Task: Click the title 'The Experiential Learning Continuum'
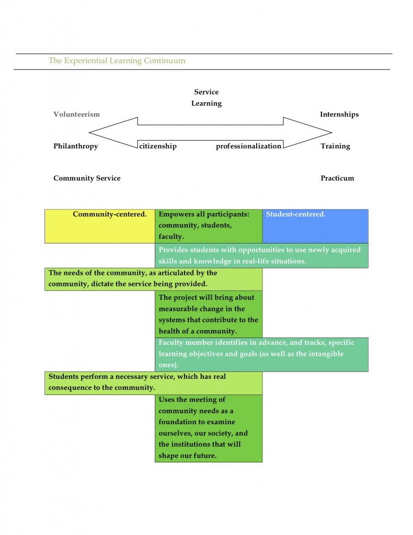(117, 61)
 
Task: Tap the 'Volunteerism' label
(76, 114)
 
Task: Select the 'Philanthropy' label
(75, 146)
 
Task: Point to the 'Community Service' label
(87, 178)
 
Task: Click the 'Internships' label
(339, 114)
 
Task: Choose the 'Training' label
(335, 146)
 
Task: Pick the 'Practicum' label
(337, 178)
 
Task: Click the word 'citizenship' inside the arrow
(158, 146)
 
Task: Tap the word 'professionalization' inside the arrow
(248, 146)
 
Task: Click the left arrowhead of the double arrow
(89, 132)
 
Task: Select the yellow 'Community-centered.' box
(100, 226)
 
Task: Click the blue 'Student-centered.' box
(315, 226)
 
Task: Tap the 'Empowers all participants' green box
(209, 226)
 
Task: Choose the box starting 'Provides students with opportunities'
(262, 255)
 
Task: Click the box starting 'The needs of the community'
(154, 279)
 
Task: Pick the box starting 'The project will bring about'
(209, 314)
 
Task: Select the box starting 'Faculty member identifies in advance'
(262, 355)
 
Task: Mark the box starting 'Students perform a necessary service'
(154, 383)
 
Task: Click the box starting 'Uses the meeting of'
(209, 428)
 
